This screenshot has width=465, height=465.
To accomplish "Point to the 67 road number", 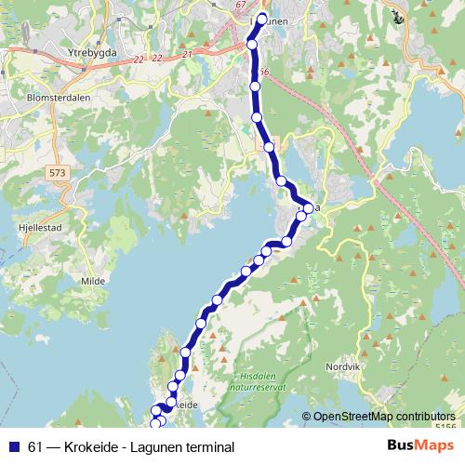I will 243,6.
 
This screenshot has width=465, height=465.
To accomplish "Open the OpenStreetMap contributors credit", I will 383,416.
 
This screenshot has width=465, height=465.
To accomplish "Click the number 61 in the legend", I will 35,447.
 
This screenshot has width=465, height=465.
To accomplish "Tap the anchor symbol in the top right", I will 397,15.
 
